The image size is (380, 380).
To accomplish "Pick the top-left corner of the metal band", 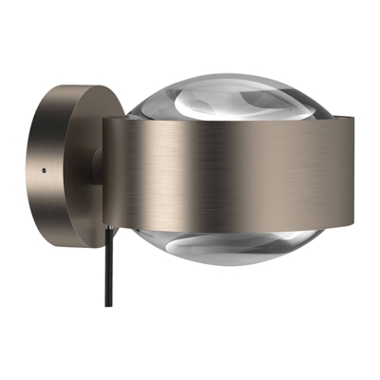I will tap(105, 119).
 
